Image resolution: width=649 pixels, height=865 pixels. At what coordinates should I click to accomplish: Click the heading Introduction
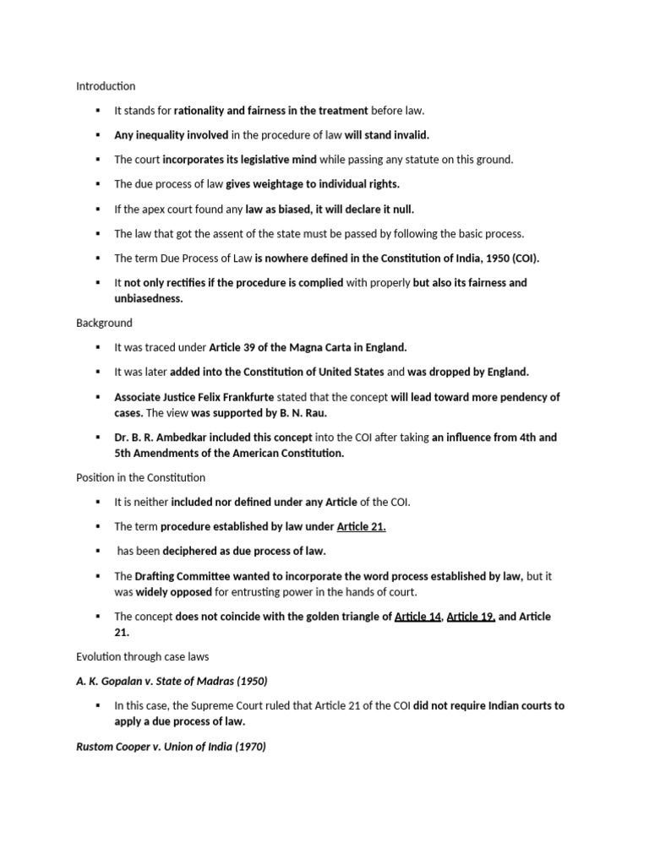click(106, 86)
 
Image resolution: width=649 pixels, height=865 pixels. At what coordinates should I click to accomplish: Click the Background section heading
click(104, 323)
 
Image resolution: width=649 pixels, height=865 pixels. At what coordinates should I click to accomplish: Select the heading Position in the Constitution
click(140, 477)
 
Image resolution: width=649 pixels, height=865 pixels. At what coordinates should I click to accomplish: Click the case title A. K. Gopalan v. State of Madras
click(172, 681)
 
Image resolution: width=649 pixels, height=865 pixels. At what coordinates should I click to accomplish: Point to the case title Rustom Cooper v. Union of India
click(171, 747)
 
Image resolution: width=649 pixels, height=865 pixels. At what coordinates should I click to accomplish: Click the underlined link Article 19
click(470, 617)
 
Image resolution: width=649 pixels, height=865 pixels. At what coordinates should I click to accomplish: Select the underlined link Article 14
click(417, 617)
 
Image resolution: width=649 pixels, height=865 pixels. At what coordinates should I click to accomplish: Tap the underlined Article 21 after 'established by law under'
click(361, 526)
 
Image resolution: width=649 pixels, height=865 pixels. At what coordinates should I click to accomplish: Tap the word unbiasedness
click(149, 298)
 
